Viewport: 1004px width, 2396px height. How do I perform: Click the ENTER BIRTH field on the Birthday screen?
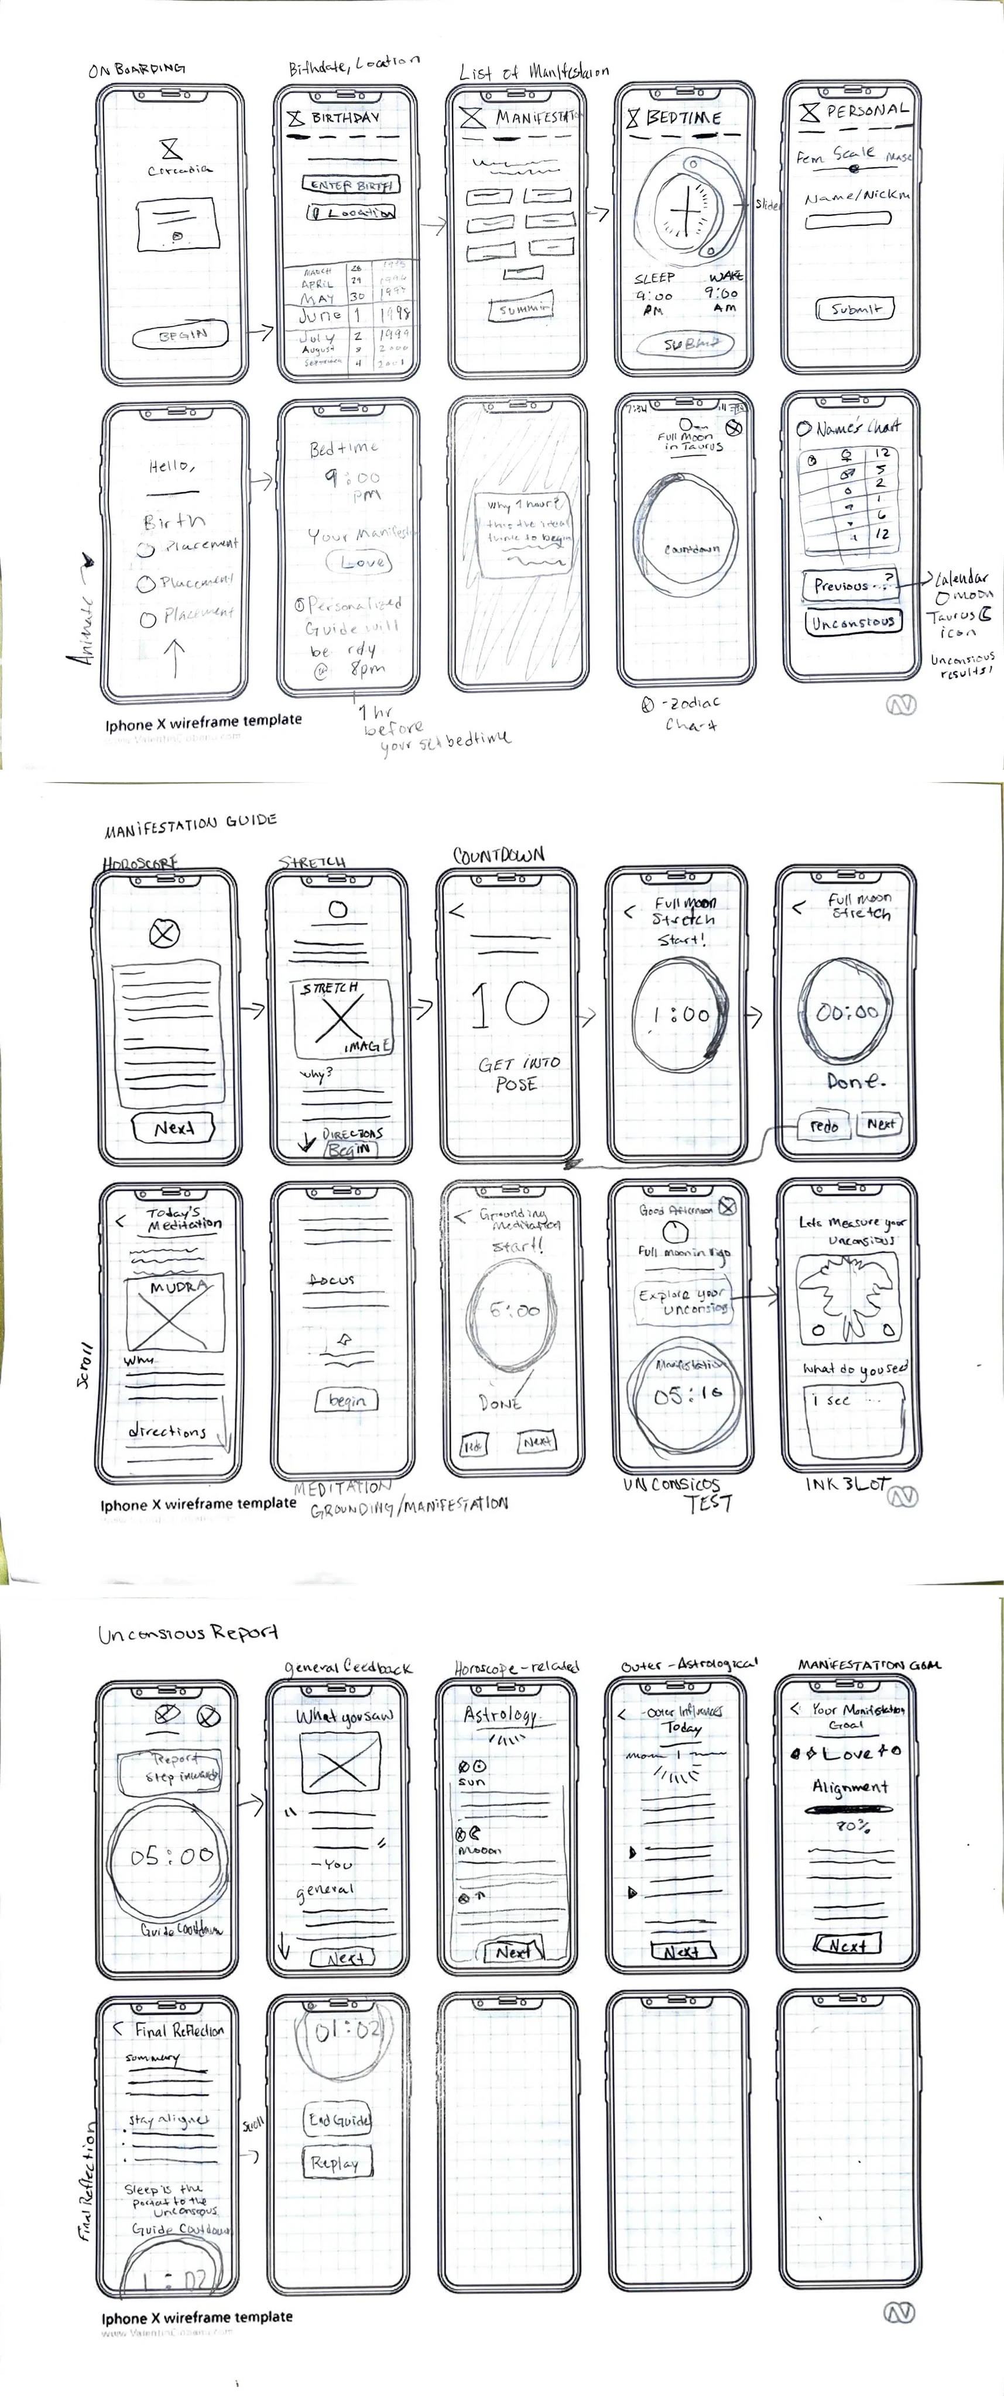351,184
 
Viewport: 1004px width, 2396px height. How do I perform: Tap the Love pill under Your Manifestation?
360,562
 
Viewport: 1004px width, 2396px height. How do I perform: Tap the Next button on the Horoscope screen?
174,1127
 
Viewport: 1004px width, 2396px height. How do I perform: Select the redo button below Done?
824,1125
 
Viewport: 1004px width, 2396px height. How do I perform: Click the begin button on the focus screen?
347,1400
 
